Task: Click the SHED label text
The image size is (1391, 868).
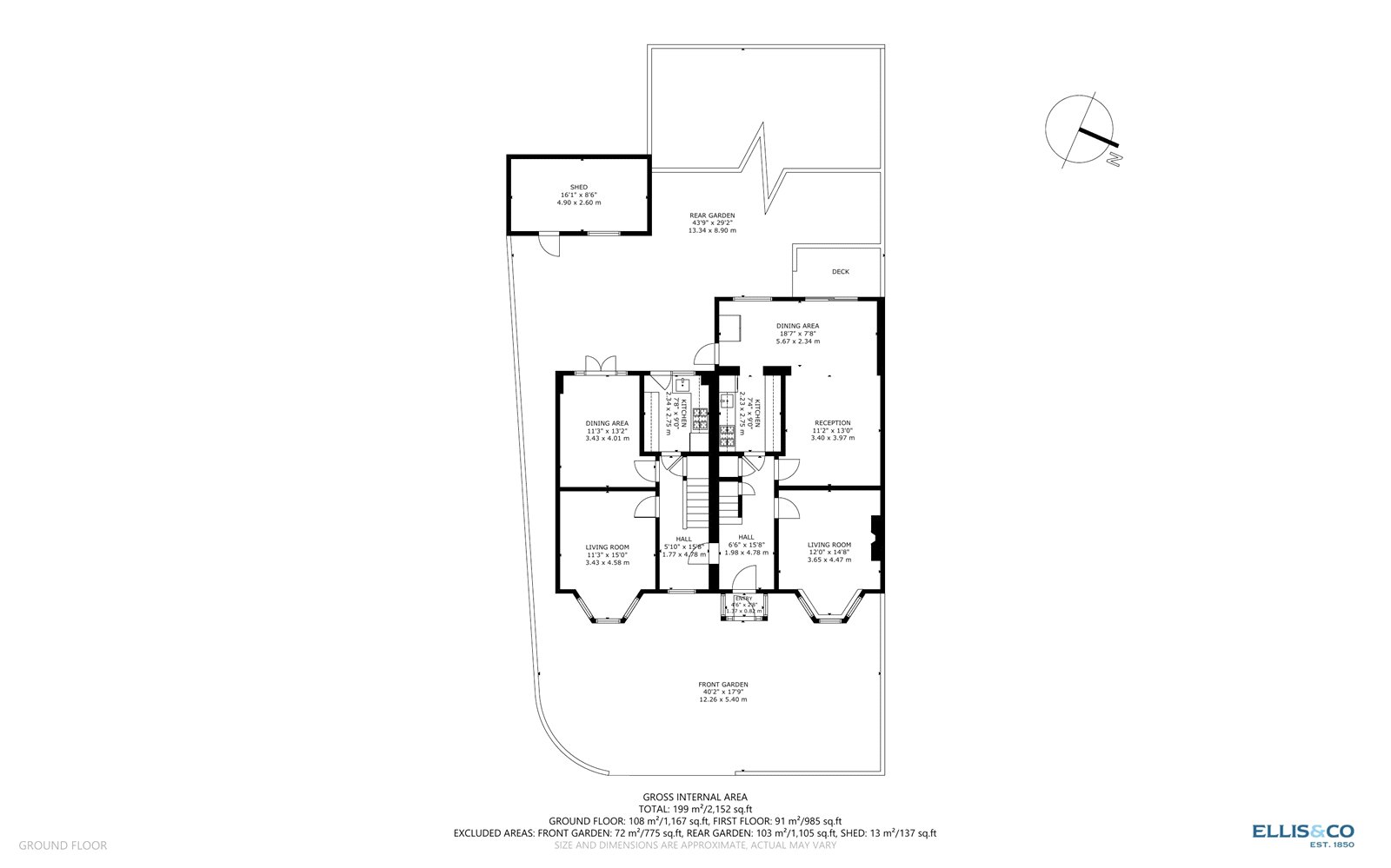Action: click(579, 188)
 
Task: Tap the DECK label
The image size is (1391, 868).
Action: click(840, 272)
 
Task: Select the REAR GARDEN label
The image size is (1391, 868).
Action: click(712, 215)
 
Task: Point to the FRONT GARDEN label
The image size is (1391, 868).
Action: click(722, 685)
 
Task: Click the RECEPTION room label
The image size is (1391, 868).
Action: click(832, 423)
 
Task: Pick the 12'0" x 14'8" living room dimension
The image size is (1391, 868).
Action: click(829, 553)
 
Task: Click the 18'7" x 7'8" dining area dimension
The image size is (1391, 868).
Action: click(797, 334)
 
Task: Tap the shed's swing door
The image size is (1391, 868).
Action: click(549, 245)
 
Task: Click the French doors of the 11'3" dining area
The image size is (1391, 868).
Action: click(600, 365)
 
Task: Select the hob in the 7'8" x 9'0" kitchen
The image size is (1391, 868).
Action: click(701, 425)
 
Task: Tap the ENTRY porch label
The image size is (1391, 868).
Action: click(744, 599)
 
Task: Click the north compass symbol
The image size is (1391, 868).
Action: click(1082, 130)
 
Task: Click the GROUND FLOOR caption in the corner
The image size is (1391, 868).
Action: click(63, 845)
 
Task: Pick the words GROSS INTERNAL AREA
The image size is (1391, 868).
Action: click(695, 797)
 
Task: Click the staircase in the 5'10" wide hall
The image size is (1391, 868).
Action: click(696, 504)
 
